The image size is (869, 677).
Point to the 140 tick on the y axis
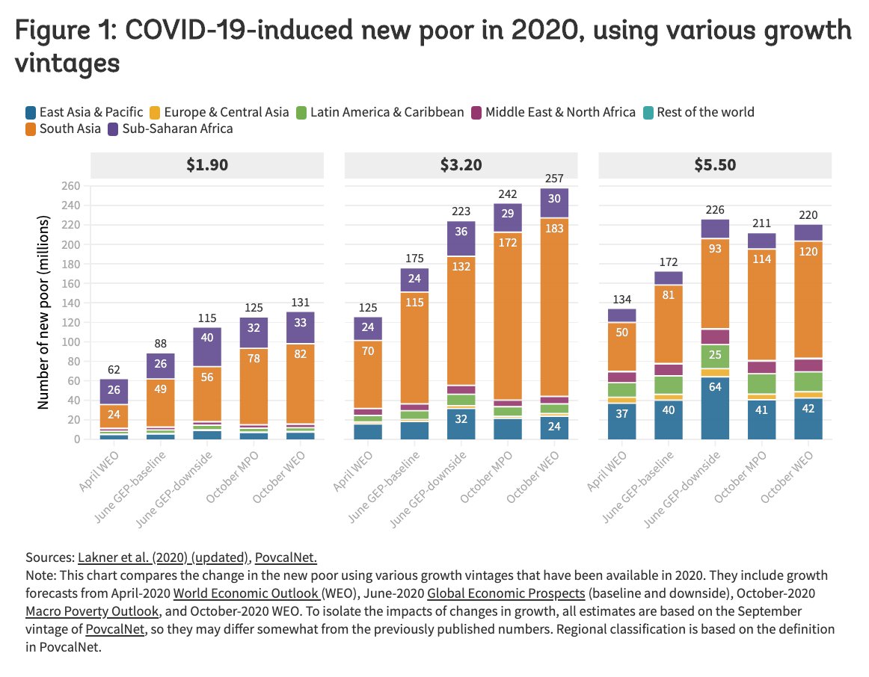pos(70,303)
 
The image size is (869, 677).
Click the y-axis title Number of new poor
pos(43,312)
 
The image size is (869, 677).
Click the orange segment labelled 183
pos(554,248)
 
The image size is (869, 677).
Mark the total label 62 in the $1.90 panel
pos(113,369)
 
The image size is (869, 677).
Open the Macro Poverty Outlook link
pos(91,611)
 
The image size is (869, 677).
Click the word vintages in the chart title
pos(67,63)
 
